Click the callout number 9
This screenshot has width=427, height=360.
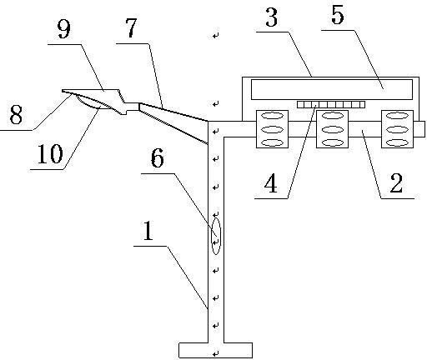point(64,29)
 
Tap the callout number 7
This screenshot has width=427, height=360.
point(131,27)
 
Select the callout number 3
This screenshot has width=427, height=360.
point(271,17)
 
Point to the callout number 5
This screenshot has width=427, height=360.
point(338,15)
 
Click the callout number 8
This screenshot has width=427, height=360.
point(16,115)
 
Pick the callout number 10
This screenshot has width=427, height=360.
point(50,154)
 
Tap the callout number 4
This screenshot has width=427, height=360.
point(271,182)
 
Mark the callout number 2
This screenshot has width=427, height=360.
point(396,182)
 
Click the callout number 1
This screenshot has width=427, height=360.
point(148,231)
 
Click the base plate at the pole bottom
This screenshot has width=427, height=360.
point(215,350)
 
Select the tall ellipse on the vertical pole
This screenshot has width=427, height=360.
point(216,236)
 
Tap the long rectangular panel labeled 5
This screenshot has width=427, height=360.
point(332,89)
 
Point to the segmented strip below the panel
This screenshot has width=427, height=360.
point(331,104)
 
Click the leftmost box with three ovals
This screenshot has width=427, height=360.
point(272,129)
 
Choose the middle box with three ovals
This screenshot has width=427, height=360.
point(333,129)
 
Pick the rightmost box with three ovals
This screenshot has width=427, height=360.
point(397,129)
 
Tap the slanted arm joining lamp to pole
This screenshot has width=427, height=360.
point(173,122)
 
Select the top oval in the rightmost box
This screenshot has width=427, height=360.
point(397,116)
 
